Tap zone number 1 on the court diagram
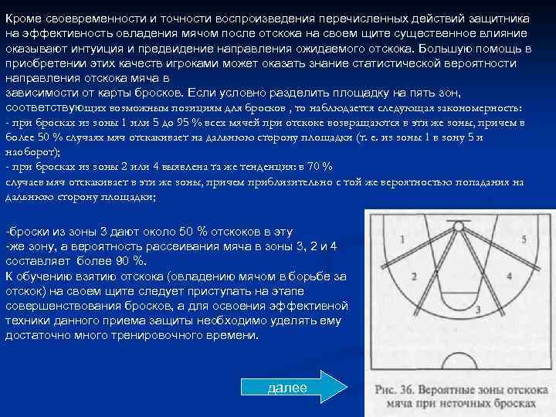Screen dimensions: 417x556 [x=402, y=239]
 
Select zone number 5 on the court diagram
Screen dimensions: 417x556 [x=524, y=240]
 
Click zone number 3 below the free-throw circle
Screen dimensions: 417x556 [x=479, y=310]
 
